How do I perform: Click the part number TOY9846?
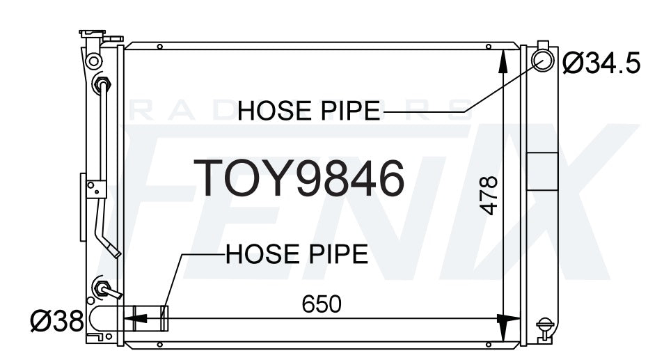299,178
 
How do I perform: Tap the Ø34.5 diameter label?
601,63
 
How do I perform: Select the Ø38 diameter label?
57,321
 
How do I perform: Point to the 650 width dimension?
322,304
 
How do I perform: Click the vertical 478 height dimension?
489,196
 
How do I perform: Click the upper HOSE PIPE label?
309,111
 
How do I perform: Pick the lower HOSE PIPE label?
297,253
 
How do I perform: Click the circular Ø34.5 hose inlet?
543,61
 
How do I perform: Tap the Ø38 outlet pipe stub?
151,318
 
